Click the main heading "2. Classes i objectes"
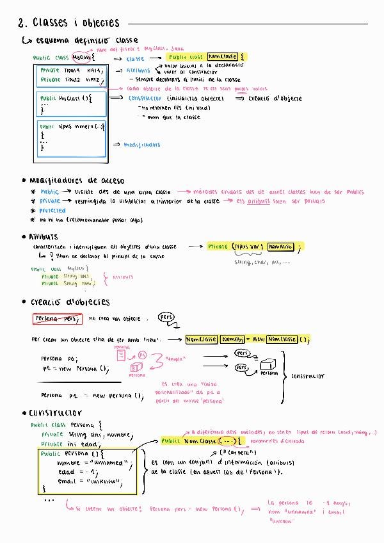pos(68,23)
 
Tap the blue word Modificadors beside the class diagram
pos(142,145)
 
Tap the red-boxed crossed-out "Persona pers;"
pos(57,318)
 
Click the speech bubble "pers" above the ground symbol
pos(166,317)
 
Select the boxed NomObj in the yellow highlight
pos(234,339)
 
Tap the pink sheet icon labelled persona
pos(119,353)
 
